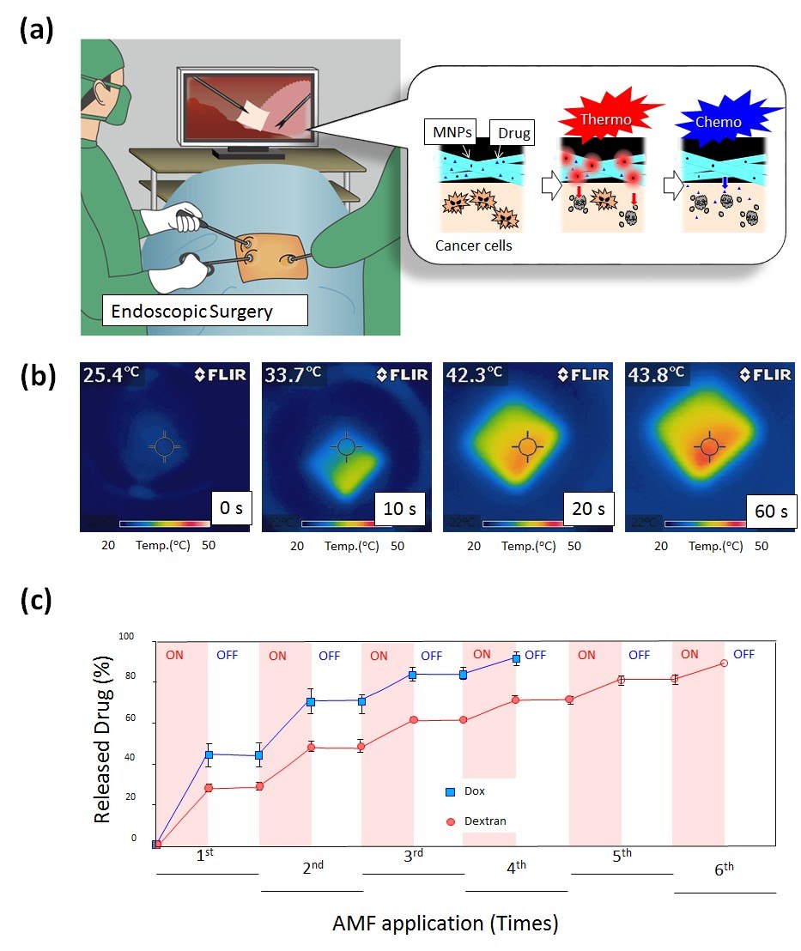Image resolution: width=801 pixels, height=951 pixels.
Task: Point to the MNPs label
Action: click(448, 133)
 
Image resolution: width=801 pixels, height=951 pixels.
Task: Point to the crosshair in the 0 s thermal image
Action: click(163, 445)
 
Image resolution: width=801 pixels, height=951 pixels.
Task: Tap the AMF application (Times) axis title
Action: click(446, 924)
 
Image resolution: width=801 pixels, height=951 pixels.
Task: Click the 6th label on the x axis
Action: click(725, 869)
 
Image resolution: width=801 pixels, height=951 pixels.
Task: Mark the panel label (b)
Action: click(37, 378)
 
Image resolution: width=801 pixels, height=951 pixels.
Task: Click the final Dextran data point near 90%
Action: click(724, 663)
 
